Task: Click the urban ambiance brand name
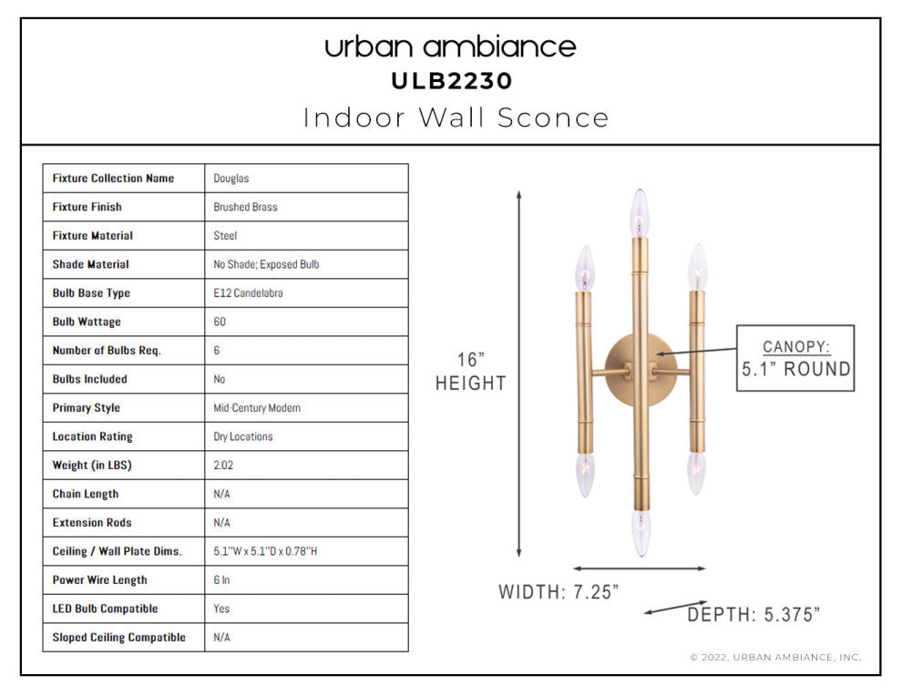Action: (450, 46)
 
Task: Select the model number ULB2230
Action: (451, 81)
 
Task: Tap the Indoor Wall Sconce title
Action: (456, 118)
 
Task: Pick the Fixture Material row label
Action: (93, 235)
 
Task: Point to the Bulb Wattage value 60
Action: (220, 322)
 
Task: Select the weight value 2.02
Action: (223, 466)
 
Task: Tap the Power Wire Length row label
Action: (99, 580)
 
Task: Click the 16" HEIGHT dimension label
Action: (469, 372)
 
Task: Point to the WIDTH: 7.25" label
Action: (559, 592)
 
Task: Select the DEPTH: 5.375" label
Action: (753, 615)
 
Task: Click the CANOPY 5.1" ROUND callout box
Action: (794, 358)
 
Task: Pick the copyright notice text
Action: (774, 657)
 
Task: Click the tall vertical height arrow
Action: (519, 374)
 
